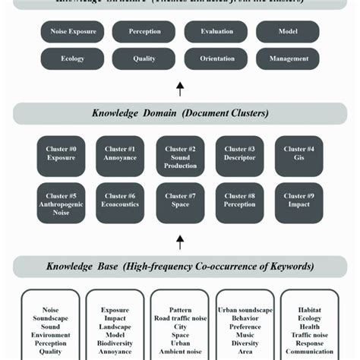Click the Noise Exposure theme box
72,32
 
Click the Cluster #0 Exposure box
62,155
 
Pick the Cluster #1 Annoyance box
121,155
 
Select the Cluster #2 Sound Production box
180,156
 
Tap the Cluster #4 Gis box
298,155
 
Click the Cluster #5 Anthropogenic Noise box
62,204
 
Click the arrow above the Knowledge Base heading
180,242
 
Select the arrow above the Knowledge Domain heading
180,90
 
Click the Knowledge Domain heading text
180,113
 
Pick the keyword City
180,327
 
